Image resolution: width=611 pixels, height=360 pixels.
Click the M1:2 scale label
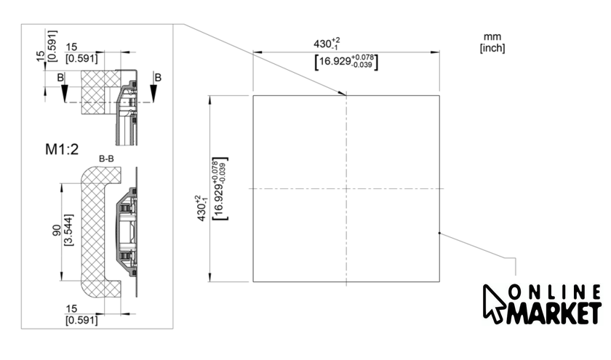coord(62,149)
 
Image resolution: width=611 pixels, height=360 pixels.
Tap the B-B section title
coord(106,159)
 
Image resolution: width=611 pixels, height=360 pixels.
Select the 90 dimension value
coord(57,231)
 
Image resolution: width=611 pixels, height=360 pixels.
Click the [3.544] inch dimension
coord(68,230)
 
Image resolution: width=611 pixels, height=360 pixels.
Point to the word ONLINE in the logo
coord(555,292)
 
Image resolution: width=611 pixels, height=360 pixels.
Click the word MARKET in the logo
coord(554,312)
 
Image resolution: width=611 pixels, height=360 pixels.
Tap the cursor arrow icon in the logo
coord(494,304)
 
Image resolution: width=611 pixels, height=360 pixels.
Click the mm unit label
coord(492,36)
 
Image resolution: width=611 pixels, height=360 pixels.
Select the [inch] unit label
coord(492,48)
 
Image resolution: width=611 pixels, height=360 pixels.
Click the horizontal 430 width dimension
coord(327,43)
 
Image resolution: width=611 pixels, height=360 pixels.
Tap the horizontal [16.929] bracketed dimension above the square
coord(346,62)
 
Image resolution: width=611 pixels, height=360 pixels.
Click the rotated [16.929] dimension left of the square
coord(220,188)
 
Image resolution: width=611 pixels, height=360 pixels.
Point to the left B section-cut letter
coord(60,78)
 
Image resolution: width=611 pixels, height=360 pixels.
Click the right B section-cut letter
coord(158,78)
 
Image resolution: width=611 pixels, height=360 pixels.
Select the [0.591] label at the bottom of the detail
coord(81,320)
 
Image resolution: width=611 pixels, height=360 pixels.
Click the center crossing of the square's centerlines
coord(346,188)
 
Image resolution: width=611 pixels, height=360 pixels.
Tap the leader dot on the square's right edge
coord(439,233)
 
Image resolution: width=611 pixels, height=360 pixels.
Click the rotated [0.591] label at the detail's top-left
coord(52,46)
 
